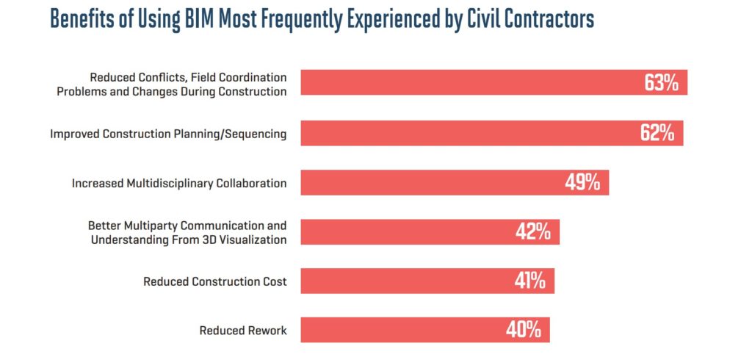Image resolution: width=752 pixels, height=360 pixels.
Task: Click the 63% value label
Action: [x=661, y=83]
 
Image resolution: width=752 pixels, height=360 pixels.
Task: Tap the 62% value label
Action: [x=657, y=133]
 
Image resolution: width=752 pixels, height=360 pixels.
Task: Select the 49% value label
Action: [x=582, y=183]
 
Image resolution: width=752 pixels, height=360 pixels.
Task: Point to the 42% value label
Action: [x=533, y=232]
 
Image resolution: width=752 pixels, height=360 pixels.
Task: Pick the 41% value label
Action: [x=528, y=281]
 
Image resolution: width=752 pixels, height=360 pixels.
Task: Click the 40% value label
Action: [x=523, y=331]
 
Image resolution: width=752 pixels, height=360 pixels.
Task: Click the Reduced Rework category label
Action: [x=243, y=331]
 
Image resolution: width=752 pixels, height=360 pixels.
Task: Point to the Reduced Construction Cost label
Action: [x=214, y=281]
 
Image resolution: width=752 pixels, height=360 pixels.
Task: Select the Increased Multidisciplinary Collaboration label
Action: [x=179, y=183]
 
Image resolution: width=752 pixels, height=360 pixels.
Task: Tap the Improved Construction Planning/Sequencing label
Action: [x=168, y=134]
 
